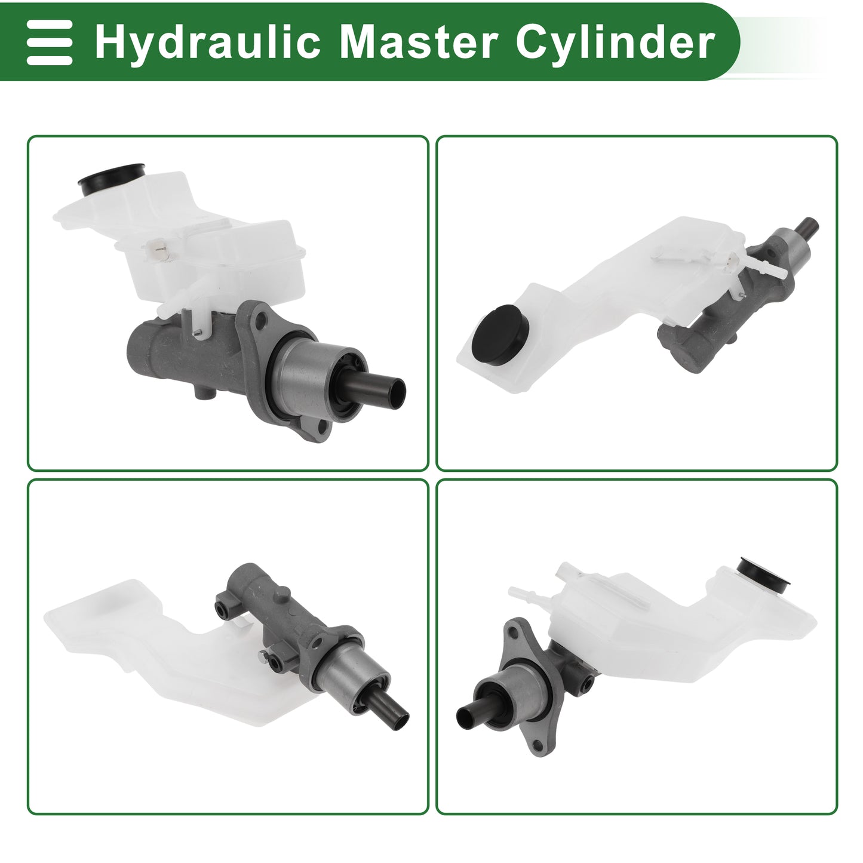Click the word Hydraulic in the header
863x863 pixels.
(x=207, y=42)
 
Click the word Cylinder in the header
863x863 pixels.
(x=615, y=42)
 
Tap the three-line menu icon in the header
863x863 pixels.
(x=49, y=42)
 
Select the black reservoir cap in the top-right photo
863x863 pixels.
(x=501, y=334)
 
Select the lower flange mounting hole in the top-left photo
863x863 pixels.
(x=321, y=428)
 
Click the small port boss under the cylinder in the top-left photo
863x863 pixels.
(x=205, y=392)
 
